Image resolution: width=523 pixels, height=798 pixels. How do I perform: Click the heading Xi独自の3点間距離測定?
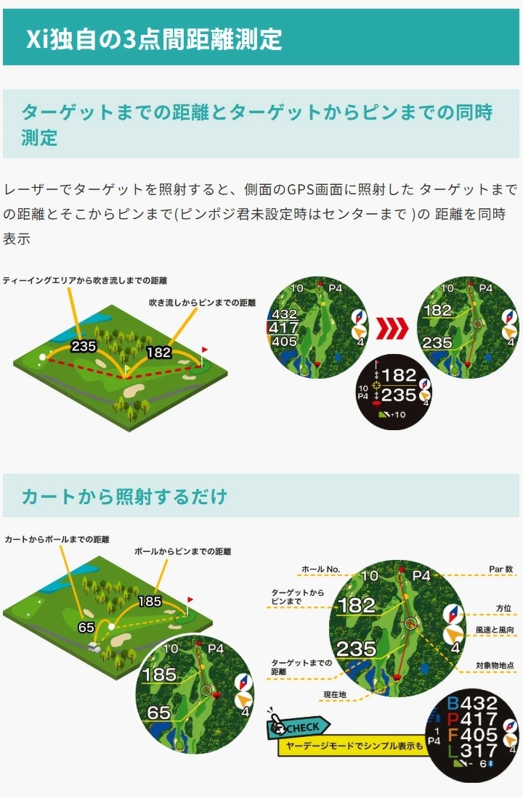pyautogui.click(x=154, y=38)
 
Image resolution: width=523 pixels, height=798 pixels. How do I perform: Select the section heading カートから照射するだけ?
pyautogui.click(x=124, y=496)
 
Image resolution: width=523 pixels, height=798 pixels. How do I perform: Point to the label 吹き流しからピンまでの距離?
pyautogui.click(x=203, y=302)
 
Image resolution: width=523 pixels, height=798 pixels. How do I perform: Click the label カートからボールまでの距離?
pyautogui.click(x=57, y=540)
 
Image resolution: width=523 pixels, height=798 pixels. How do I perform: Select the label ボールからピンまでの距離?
pyautogui.click(x=183, y=552)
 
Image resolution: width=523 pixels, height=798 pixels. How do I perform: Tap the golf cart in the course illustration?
pyautogui.click(x=94, y=647)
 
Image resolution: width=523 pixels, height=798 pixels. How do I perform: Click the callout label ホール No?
pyautogui.click(x=320, y=569)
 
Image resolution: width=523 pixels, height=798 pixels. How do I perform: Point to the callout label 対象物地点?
pyautogui.click(x=495, y=665)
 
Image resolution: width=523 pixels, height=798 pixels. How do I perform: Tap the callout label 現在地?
pyautogui.click(x=335, y=695)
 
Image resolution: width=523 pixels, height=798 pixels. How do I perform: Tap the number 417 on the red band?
pyautogui.click(x=284, y=328)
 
